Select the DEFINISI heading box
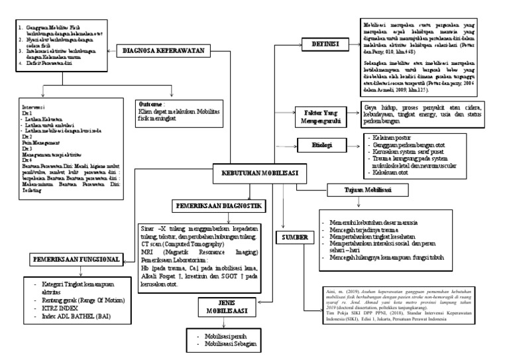321,44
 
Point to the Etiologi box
322,145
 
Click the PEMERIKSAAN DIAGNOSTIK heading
216,207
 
